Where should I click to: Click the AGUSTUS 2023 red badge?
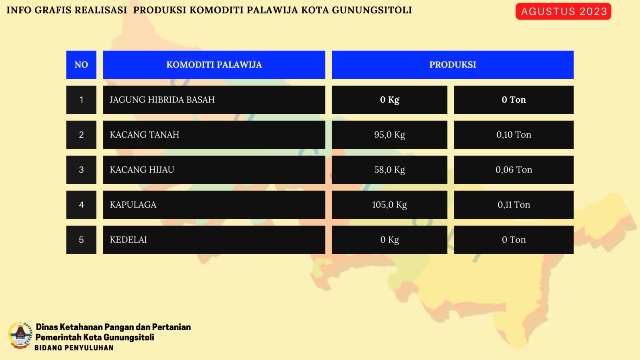(x=563, y=12)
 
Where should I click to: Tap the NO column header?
(x=82, y=65)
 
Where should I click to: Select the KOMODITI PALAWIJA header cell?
(x=214, y=65)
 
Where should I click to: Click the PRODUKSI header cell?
(x=452, y=65)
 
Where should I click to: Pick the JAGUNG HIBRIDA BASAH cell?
(x=214, y=100)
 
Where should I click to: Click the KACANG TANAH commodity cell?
(x=214, y=135)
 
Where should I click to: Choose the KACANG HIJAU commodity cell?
(x=214, y=170)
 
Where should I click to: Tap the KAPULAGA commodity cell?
(x=214, y=205)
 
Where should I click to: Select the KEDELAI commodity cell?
(x=214, y=240)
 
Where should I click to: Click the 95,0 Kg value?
(x=390, y=135)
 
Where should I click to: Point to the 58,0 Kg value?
(x=390, y=170)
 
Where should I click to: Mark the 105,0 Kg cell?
(x=390, y=205)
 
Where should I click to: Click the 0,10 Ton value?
(x=514, y=135)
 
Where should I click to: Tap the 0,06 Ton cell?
(x=514, y=170)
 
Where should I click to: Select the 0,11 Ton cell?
(x=514, y=205)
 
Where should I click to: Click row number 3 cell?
(x=82, y=170)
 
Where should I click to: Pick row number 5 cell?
(x=82, y=240)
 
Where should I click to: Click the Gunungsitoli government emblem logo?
(x=20, y=335)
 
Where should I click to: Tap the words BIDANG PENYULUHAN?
(x=74, y=348)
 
